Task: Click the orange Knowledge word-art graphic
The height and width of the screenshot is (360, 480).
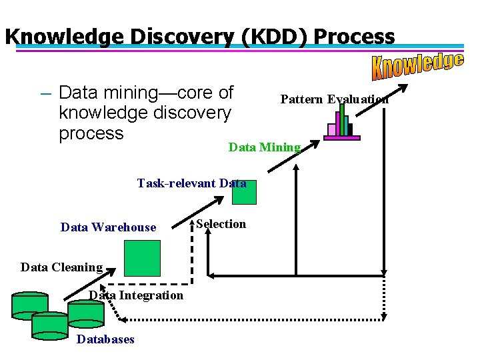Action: click(417, 65)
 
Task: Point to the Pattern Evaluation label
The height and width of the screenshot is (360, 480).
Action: click(335, 99)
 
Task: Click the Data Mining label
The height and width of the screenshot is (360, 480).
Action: click(265, 147)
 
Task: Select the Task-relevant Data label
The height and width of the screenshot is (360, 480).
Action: click(191, 183)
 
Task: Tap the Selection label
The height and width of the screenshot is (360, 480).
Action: click(221, 224)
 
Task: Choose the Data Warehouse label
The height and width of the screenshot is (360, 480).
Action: click(108, 227)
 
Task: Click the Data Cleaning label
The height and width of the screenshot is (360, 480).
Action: click(61, 267)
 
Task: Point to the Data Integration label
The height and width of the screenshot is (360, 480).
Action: click(136, 295)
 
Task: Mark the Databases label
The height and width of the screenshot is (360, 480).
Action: click(105, 339)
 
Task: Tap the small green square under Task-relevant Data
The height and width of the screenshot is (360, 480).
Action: click(243, 193)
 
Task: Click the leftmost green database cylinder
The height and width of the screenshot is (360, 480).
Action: click(30, 305)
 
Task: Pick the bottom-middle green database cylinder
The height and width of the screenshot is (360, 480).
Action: click(50, 324)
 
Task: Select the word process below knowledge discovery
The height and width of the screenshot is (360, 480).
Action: click(91, 133)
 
